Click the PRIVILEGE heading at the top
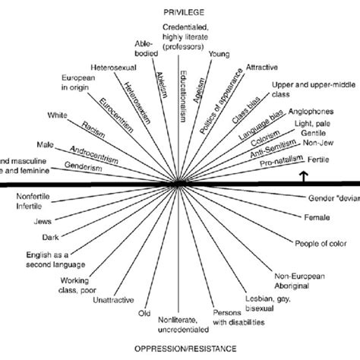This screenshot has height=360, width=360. (x=180, y=11)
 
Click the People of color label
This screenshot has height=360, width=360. (x=320, y=243)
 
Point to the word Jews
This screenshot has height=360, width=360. (x=34, y=223)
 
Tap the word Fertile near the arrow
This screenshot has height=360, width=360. (x=317, y=160)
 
